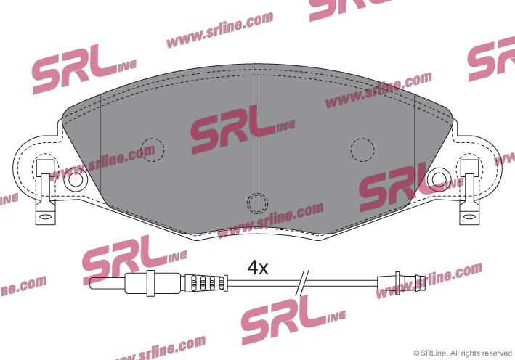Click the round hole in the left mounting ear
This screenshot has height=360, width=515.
(76, 179)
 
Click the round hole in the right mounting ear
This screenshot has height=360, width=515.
(439, 179)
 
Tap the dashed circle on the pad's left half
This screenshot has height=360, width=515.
(152, 150)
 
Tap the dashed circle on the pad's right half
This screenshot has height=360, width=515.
(362, 150)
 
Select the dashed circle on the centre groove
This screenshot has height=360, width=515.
(257, 203)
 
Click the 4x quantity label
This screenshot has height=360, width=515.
(258, 268)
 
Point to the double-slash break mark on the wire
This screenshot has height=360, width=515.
(302, 282)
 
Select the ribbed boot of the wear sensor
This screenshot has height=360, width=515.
(206, 282)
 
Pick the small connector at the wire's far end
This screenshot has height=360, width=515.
(402, 283)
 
